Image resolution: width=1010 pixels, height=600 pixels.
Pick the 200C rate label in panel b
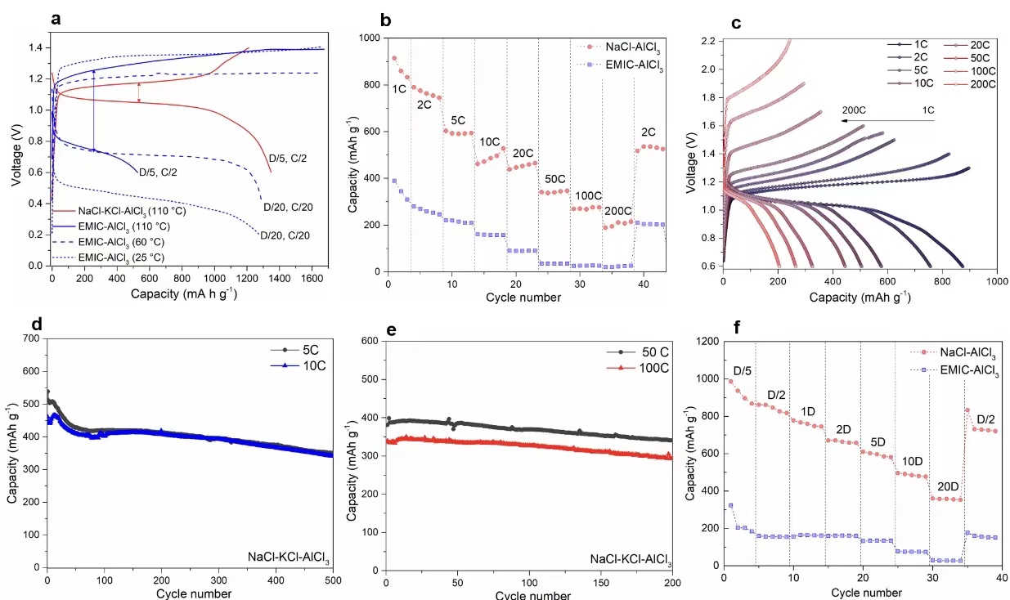coord(616,211)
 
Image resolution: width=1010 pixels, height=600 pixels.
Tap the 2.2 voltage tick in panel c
coord(706,41)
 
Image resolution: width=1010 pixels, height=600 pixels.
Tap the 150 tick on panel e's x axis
coord(600,584)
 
